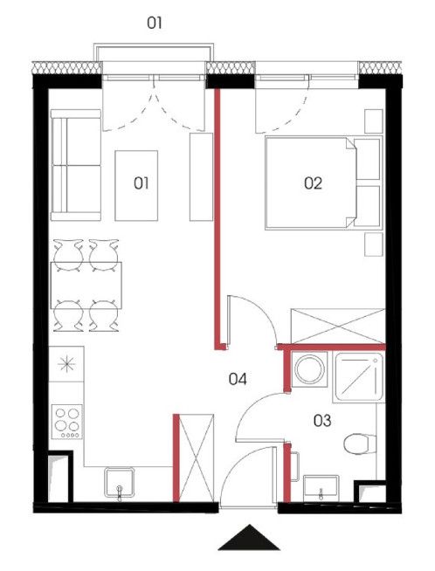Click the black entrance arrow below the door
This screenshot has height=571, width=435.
(249, 538)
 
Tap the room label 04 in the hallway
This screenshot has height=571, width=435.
(238, 379)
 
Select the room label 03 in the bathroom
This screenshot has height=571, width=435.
(322, 421)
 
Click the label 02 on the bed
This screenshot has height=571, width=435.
(313, 183)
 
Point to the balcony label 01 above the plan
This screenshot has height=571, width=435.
(154, 23)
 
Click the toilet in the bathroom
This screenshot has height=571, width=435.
(360, 444)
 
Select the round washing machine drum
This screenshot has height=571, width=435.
(309, 369)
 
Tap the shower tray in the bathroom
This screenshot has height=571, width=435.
(359, 377)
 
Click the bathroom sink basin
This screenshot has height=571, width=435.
(321, 488)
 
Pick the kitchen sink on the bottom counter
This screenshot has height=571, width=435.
(120, 483)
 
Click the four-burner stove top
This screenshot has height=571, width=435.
(67, 422)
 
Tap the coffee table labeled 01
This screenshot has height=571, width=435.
(136, 185)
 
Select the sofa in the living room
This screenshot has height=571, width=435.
(76, 165)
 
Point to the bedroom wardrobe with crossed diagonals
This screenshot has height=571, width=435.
(338, 326)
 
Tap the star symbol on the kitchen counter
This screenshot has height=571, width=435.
(67, 364)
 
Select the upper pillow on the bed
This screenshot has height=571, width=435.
(367, 159)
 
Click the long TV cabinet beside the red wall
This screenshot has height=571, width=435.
(201, 176)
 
